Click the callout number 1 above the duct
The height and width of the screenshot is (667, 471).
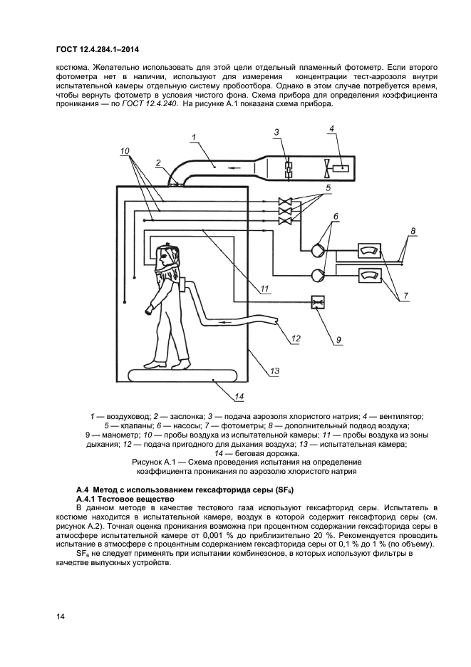[x=193, y=136]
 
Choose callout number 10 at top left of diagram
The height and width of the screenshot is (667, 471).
[x=125, y=151]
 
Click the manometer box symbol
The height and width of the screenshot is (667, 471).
[x=316, y=302]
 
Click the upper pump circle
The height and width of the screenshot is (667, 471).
[x=317, y=250]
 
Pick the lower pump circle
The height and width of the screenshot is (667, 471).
[x=317, y=272]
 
